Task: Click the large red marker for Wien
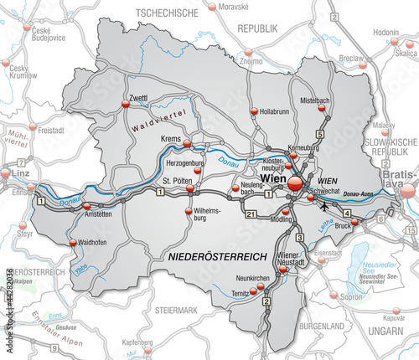click(x=295, y=181)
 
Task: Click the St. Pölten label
click(x=177, y=180)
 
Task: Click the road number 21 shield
click(x=251, y=214)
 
